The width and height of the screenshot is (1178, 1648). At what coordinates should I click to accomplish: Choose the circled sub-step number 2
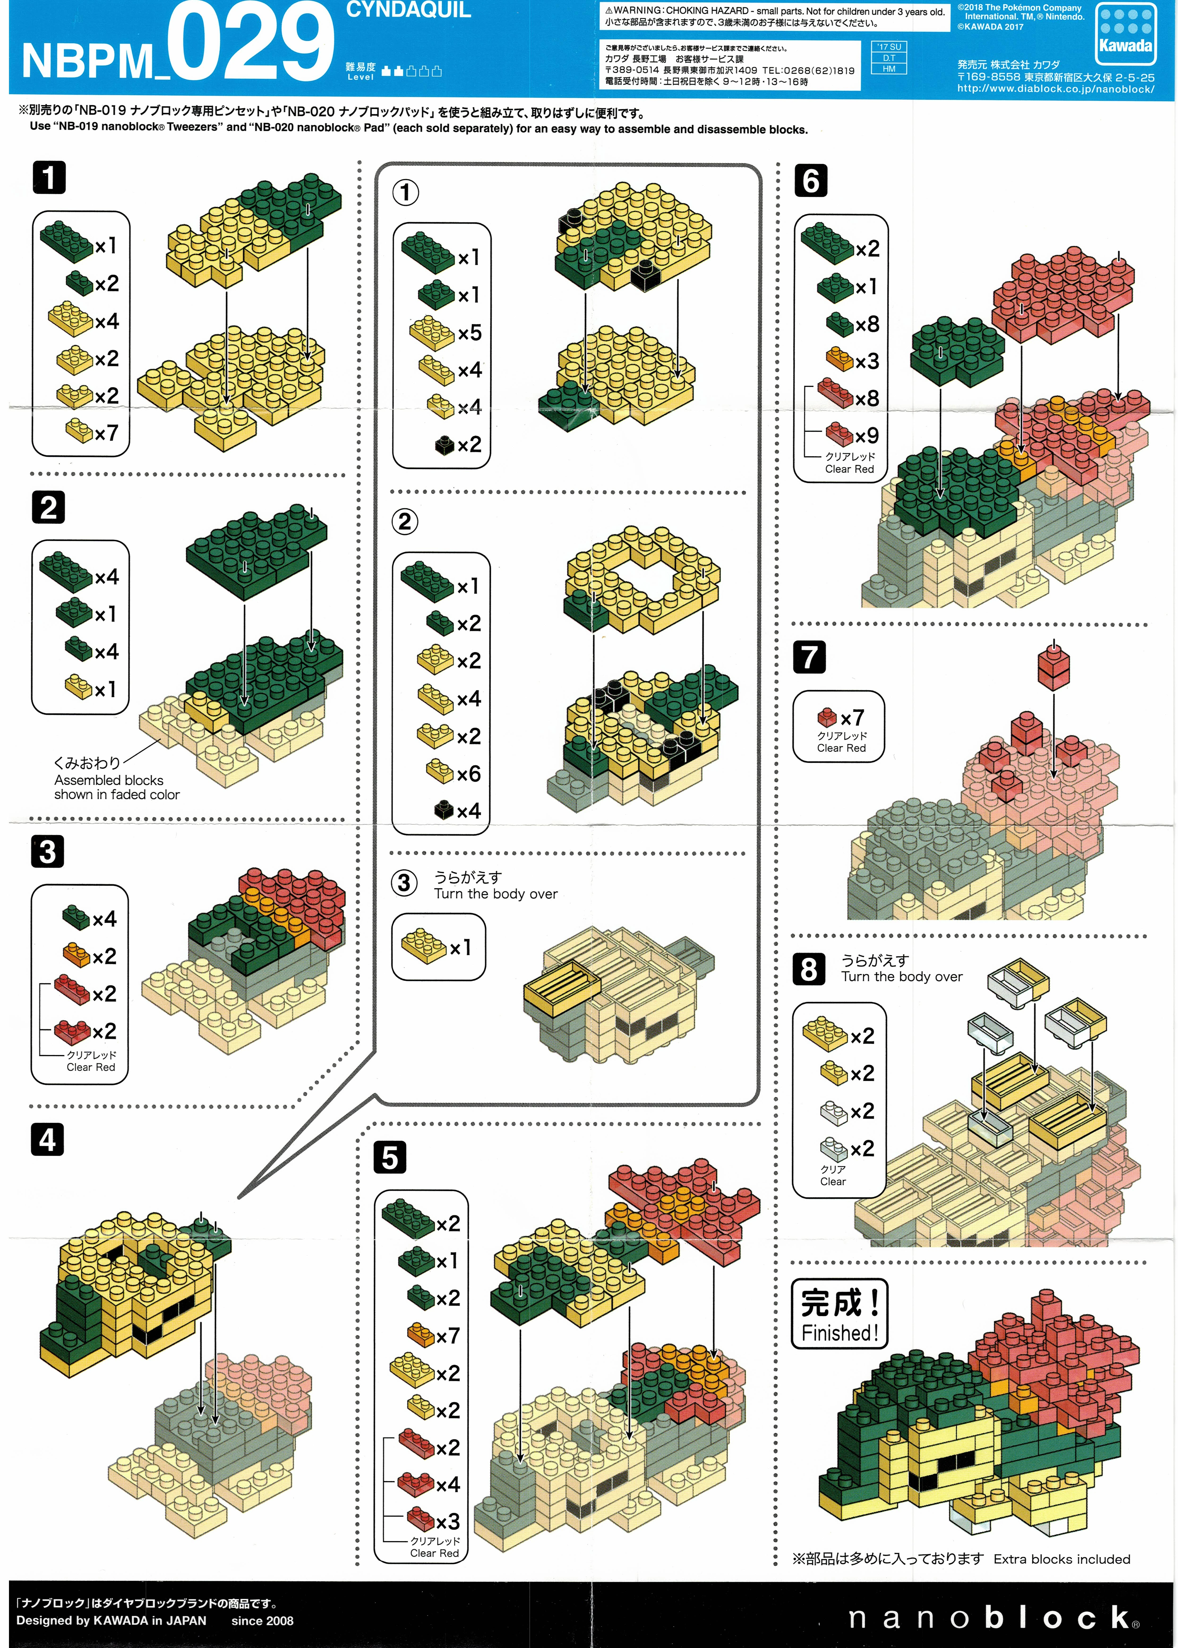tap(405, 522)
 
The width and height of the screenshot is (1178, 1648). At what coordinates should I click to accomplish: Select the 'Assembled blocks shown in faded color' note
tap(117, 787)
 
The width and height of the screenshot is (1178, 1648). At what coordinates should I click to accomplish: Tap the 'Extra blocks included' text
tap(1062, 1559)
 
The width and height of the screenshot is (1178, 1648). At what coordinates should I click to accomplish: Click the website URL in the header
tap(1055, 89)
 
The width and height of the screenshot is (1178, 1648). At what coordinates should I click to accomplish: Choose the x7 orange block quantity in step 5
tap(448, 1335)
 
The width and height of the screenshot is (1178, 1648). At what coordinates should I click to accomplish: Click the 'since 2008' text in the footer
tap(263, 1620)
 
